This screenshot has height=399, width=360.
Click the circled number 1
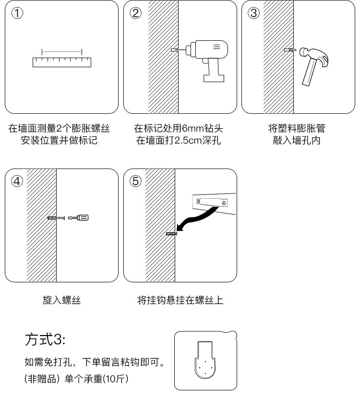pyautogui.click(x=17, y=13)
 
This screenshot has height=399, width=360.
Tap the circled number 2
pyautogui.click(x=136, y=13)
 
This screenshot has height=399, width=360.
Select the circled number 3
pyautogui.click(x=253, y=13)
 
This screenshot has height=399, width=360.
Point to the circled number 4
pyautogui.click(x=17, y=181)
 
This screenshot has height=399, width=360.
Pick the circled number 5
pyautogui.click(x=136, y=181)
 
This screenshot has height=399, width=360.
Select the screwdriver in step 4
pyautogui.click(x=80, y=218)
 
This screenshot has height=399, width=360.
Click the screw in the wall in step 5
pyautogui.click(x=171, y=234)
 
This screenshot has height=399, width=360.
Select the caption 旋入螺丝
pyautogui.click(x=62, y=301)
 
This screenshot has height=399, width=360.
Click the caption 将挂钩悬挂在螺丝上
pyautogui.click(x=180, y=301)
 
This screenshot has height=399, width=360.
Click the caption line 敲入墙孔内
pyautogui.click(x=296, y=141)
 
